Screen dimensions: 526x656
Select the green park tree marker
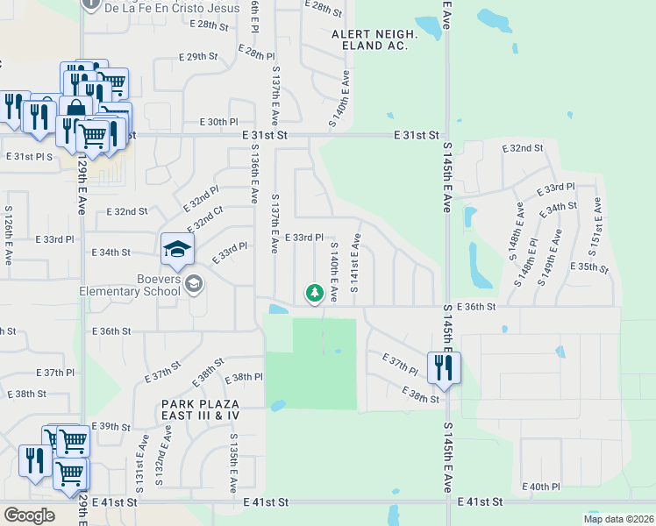point(313,293)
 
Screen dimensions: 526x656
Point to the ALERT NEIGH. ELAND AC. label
point(369,39)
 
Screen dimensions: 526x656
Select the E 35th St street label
point(588,267)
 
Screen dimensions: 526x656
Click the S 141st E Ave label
point(355,262)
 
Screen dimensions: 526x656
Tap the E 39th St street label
point(111,426)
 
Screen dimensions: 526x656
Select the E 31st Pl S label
point(29,156)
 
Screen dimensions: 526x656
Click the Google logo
point(30,515)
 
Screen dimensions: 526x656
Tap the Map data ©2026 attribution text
point(617,519)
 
